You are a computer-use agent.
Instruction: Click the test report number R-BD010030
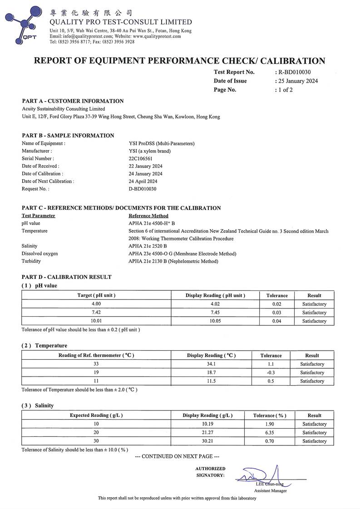(x=294, y=72)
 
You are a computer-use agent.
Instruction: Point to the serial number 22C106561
(x=141, y=158)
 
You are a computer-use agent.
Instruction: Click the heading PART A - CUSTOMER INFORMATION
(x=73, y=101)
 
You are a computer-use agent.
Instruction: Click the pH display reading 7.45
(x=215, y=313)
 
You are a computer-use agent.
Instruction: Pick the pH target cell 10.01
(x=96, y=321)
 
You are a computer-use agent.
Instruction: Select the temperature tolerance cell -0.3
(x=271, y=372)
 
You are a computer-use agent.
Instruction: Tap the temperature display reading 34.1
(x=211, y=364)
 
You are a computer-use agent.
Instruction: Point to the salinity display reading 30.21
(x=207, y=441)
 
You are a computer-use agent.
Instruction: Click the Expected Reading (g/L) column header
(x=96, y=415)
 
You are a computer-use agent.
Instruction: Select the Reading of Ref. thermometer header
(x=96, y=355)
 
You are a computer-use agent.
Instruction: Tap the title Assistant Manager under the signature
(x=271, y=491)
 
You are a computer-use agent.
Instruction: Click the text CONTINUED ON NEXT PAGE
(x=177, y=456)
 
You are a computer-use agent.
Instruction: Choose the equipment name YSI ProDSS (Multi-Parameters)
(x=162, y=143)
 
